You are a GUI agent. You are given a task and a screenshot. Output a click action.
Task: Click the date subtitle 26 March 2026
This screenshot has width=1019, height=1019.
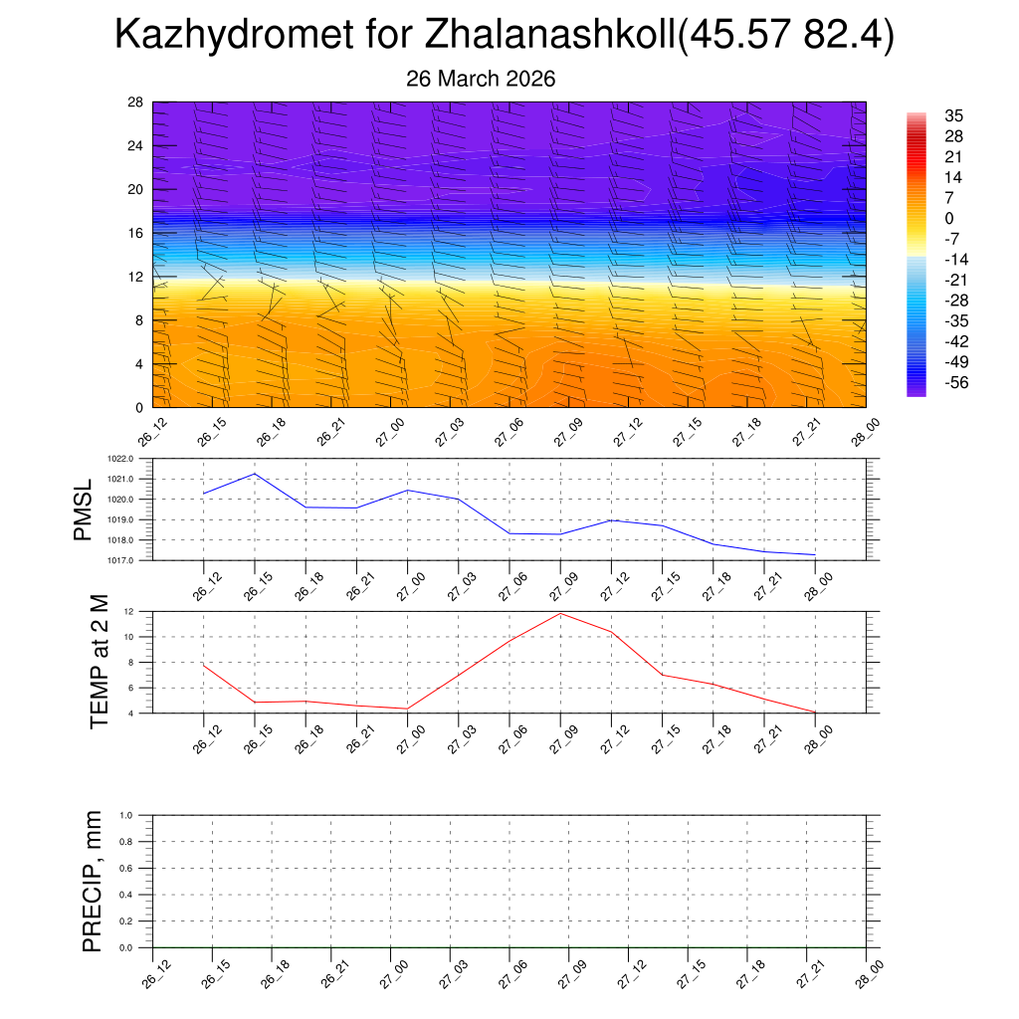(x=481, y=79)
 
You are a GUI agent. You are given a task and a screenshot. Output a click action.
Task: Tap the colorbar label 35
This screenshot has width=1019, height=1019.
(x=953, y=115)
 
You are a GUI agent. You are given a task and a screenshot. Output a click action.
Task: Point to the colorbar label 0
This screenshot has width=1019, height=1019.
(x=949, y=218)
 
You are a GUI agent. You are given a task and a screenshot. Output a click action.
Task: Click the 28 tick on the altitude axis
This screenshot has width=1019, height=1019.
(x=136, y=102)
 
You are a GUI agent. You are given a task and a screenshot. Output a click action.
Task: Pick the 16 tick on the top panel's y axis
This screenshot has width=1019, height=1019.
(x=136, y=233)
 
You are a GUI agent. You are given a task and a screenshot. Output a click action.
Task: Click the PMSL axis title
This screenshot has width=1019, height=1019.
(x=83, y=509)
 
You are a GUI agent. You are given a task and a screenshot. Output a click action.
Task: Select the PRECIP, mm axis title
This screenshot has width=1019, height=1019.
(x=93, y=881)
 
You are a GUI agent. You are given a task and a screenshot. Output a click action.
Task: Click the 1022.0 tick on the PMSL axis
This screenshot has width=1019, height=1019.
(x=131, y=459)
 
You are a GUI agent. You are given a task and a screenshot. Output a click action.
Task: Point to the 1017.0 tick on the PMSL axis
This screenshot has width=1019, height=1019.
(x=131, y=560)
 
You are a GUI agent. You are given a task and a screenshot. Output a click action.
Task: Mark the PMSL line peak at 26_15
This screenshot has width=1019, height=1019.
(x=255, y=474)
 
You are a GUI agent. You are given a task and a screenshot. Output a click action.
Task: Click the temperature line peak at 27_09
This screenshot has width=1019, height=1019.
(x=560, y=613)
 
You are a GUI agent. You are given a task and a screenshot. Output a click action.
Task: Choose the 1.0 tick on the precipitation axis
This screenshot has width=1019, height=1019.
(x=140, y=815)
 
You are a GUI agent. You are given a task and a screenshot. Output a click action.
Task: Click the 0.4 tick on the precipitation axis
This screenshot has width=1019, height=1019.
(x=140, y=895)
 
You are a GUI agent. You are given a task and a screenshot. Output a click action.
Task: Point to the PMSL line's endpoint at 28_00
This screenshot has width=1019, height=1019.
(x=815, y=554)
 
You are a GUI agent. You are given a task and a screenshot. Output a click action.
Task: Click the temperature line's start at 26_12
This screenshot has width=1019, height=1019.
(x=204, y=665)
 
